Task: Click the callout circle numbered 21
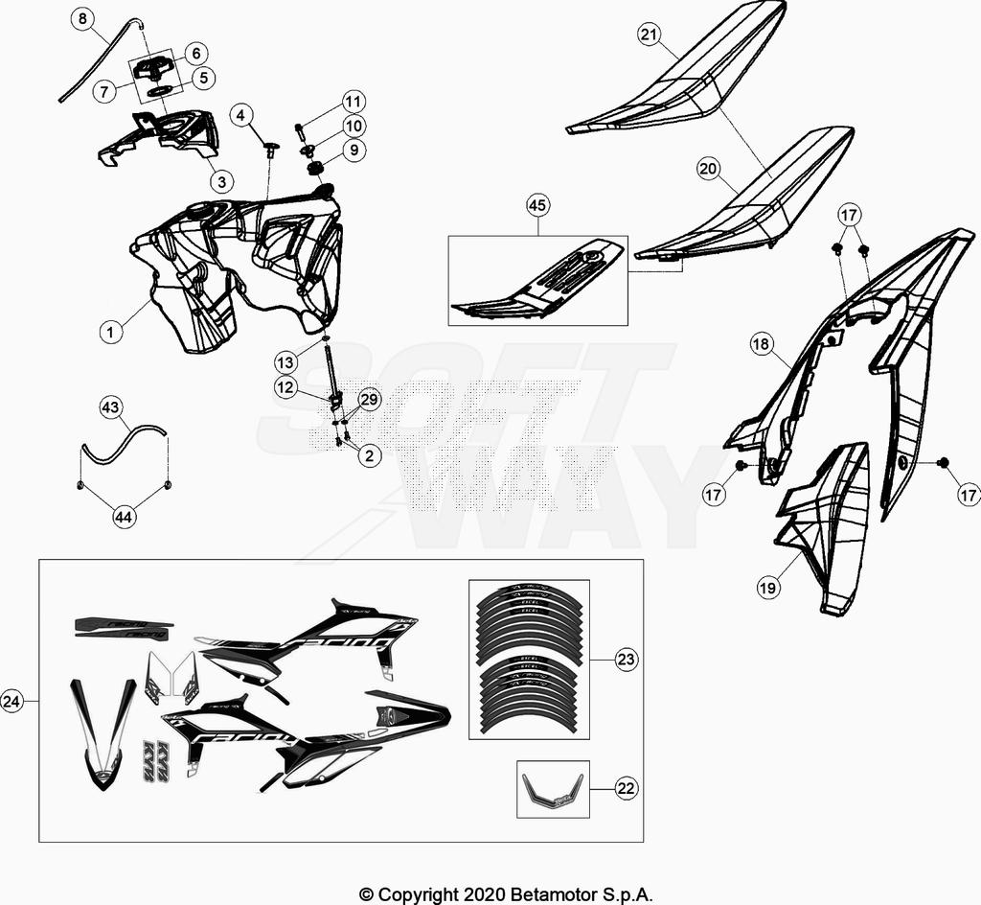pyautogui.click(x=650, y=35)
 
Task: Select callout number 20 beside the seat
pyautogui.click(x=709, y=170)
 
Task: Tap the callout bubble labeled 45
pyautogui.click(x=537, y=205)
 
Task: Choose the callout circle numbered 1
pyautogui.click(x=111, y=332)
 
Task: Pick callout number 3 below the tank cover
pyautogui.click(x=221, y=180)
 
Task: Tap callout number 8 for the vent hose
pyautogui.click(x=82, y=18)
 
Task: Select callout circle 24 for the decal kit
pyautogui.click(x=12, y=701)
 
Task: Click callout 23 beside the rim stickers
pyautogui.click(x=627, y=660)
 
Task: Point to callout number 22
pyautogui.click(x=627, y=789)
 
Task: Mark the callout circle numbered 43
pyautogui.click(x=111, y=408)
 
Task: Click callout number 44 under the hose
pyautogui.click(x=125, y=517)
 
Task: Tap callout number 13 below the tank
pyautogui.click(x=285, y=362)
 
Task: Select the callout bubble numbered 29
pyautogui.click(x=369, y=399)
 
